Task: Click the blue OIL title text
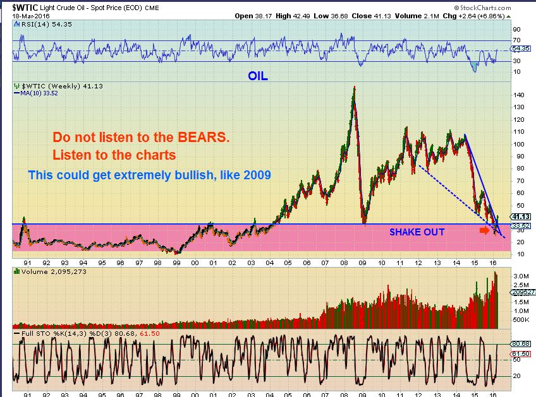point(259,76)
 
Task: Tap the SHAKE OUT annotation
point(417,232)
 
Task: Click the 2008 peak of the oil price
point(354,87)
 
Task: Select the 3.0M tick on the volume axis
point(520,276)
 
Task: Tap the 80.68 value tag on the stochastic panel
point(520,344)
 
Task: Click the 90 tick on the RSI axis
point(516,29)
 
